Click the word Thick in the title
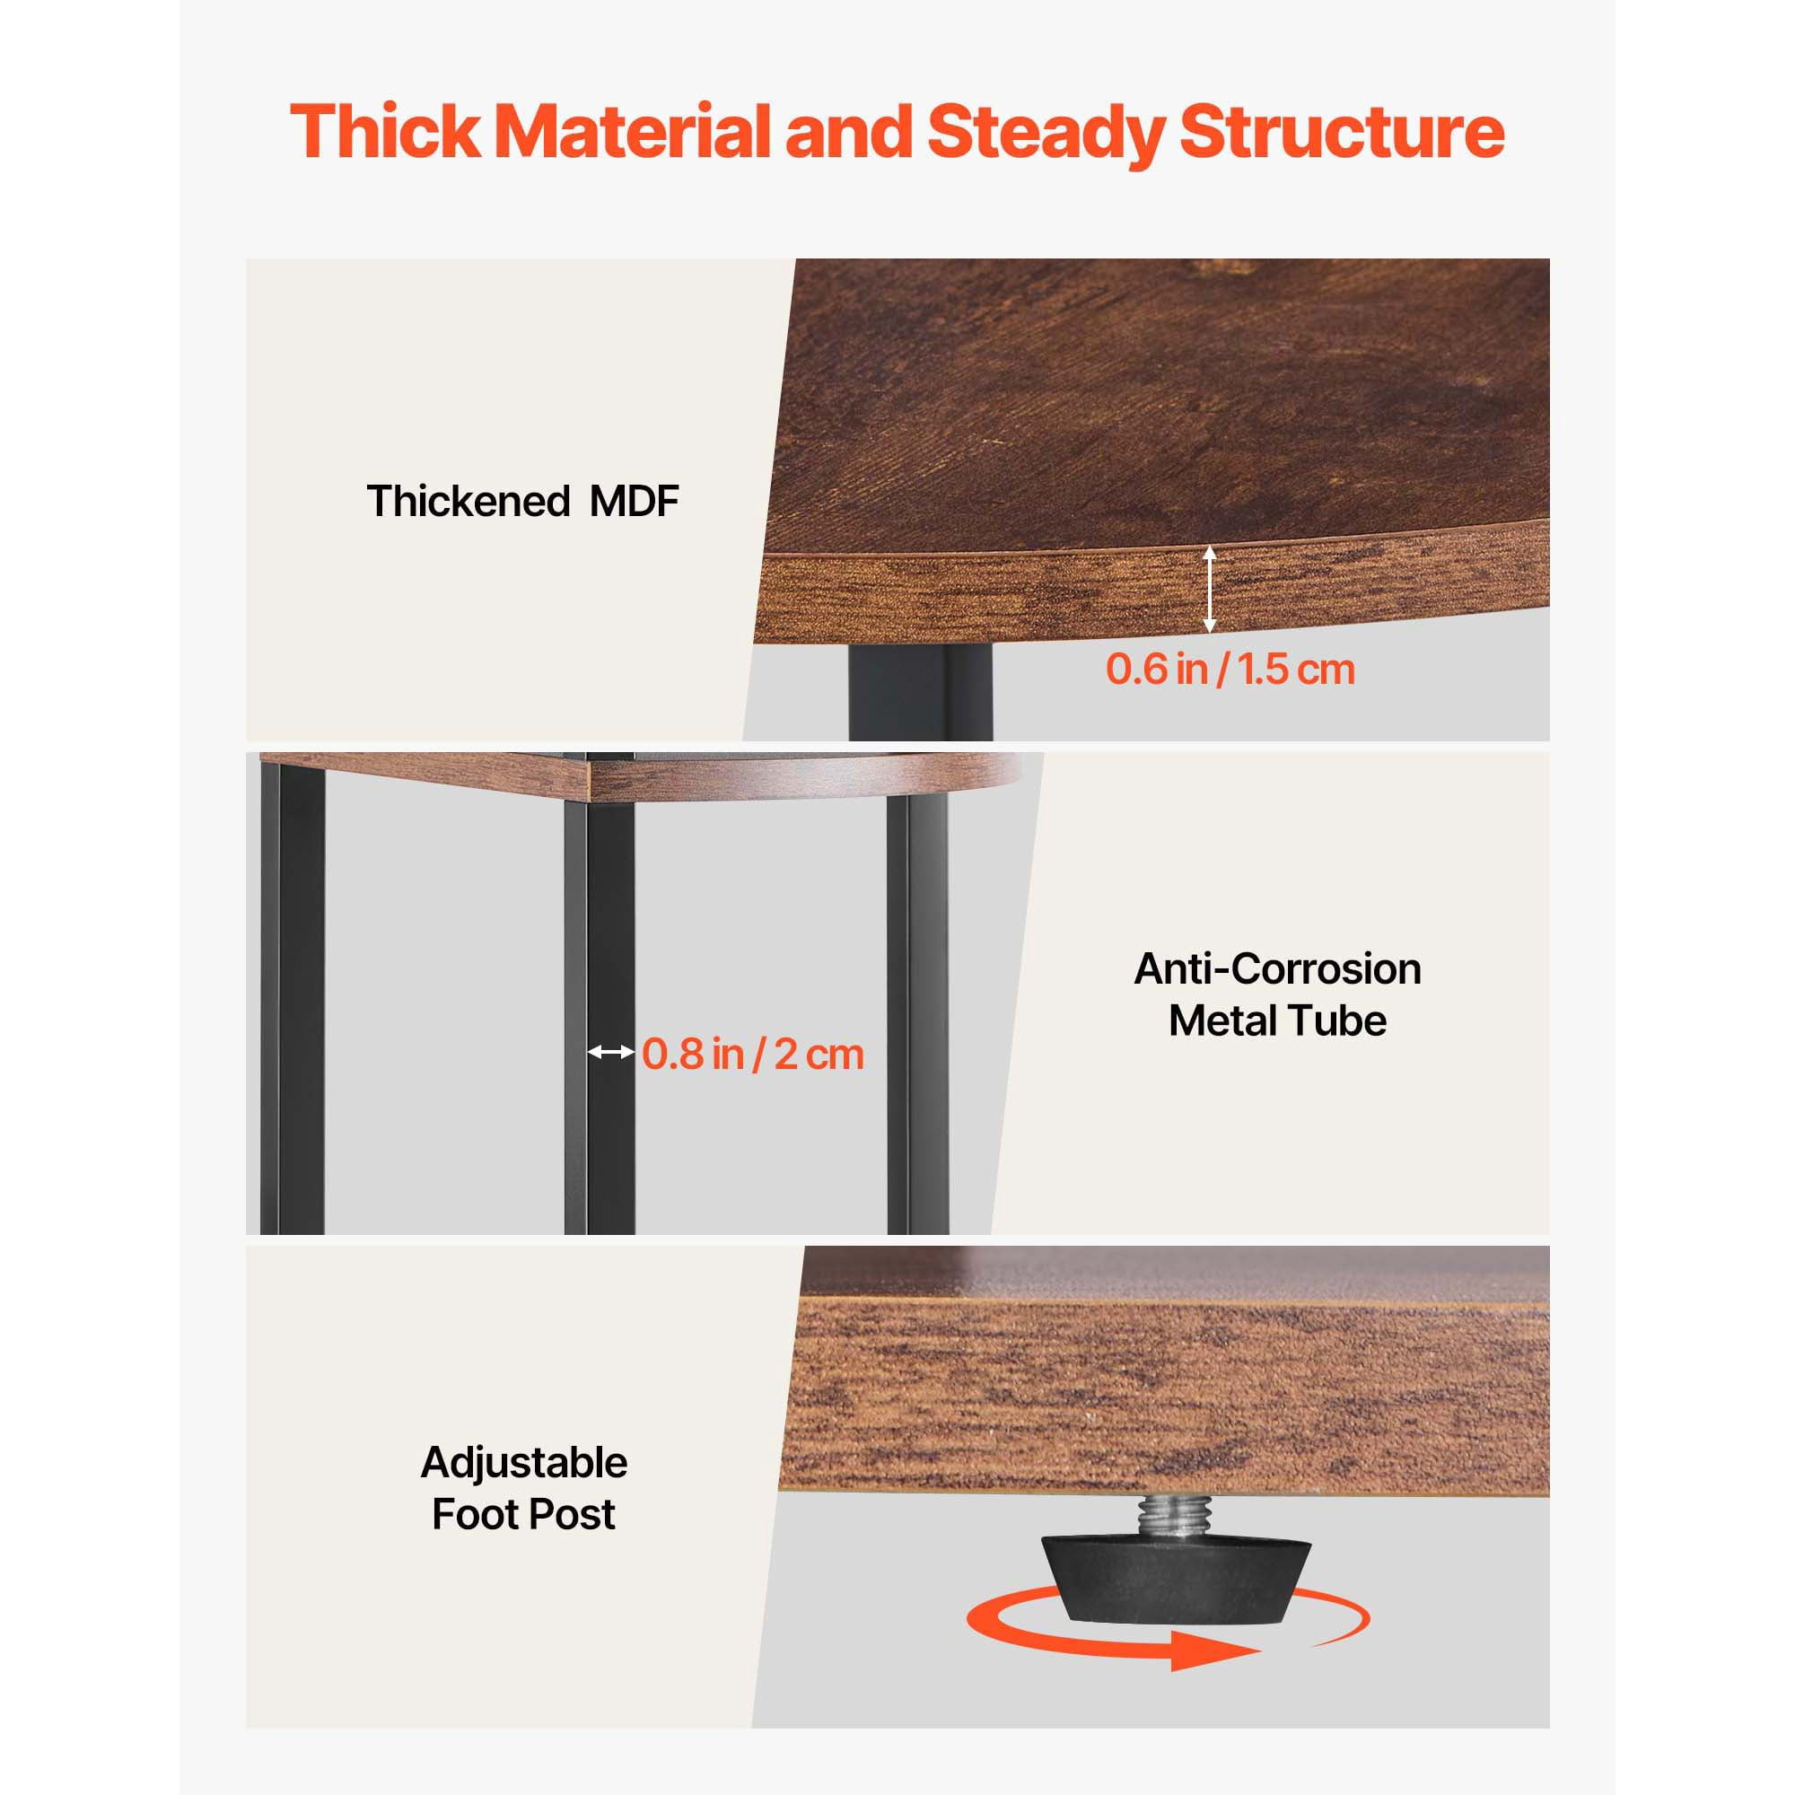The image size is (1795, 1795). point(386,131)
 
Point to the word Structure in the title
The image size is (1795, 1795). point(1342,131)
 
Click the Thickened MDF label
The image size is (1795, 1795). point(522,501)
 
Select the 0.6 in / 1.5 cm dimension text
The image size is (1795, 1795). point(1230,669)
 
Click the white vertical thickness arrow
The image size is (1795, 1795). point(1209,589)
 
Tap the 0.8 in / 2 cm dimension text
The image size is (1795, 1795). point(753,1054)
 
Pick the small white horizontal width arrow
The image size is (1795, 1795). point(611,1052)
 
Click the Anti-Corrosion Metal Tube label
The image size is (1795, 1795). point(1277,994)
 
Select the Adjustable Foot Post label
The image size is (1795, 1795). point(524,1488)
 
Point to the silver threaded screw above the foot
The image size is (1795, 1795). point(1177,1517)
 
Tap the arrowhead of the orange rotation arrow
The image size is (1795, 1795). point(1213,1651)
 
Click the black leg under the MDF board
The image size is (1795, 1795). point(920,691)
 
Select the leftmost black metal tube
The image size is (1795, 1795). point(292,995)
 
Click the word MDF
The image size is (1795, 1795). point(634,501)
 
